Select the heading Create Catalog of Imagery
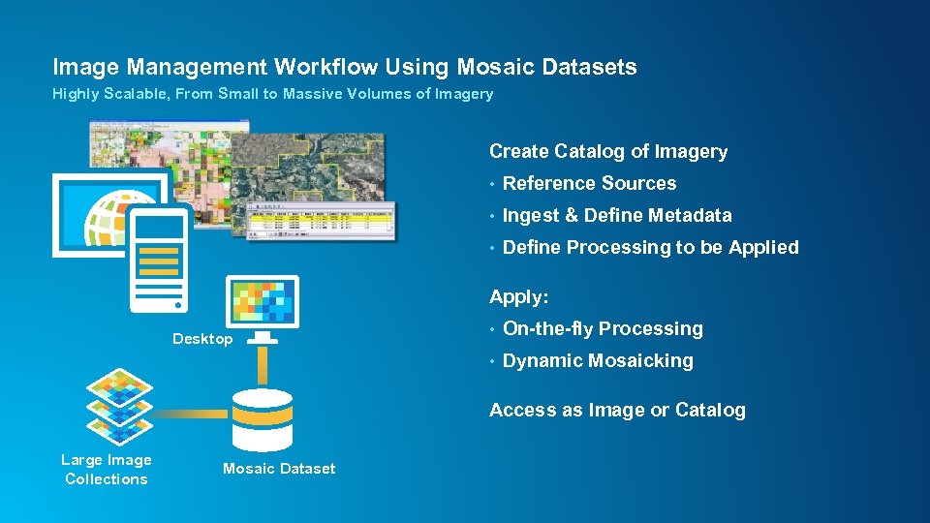point(607,151)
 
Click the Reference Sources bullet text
point(589,183)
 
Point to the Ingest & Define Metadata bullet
point(617,215)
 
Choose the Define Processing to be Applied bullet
point(650,247)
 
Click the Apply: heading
point(518,296)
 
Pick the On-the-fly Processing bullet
point(603,328)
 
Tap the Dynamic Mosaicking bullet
point(598,360)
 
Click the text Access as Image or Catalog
point(617,410)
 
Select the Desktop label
point(202,339)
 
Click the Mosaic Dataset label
point(279,469)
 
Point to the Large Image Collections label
point(107,470)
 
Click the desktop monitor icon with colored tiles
point(262,303)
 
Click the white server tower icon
point(159,258)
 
